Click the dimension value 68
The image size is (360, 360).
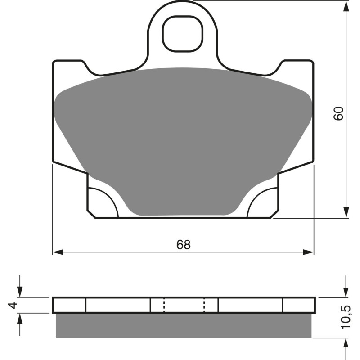[184, 245]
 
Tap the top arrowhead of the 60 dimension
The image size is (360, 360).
[346, 6]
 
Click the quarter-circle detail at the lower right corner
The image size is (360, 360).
[263, 202]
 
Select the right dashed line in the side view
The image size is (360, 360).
[204, 305]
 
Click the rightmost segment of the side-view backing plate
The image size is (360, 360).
[299, 305]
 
